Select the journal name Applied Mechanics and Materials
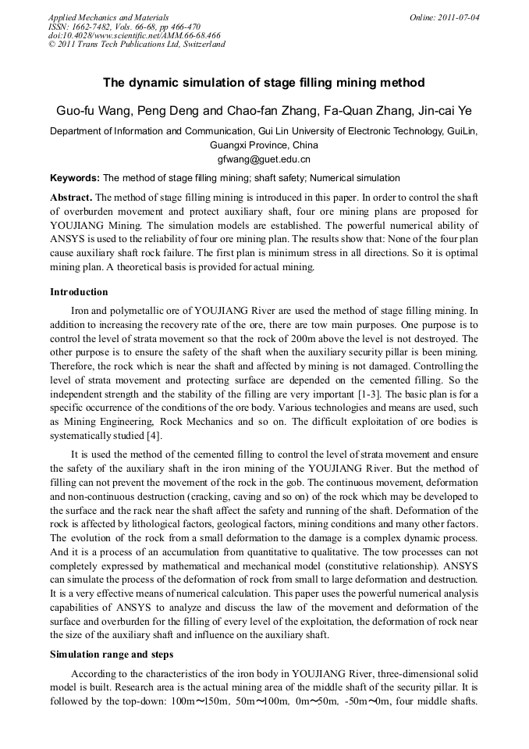click(x=108, y=16)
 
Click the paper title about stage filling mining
click(x=264, y=83)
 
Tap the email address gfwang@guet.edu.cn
click(x=264, y=159)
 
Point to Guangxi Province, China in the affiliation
click(x=264, y=145)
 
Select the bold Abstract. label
click(x=71, y=197)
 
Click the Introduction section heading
click(x=79, y=292)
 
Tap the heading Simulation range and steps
click(x=112, y=654)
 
